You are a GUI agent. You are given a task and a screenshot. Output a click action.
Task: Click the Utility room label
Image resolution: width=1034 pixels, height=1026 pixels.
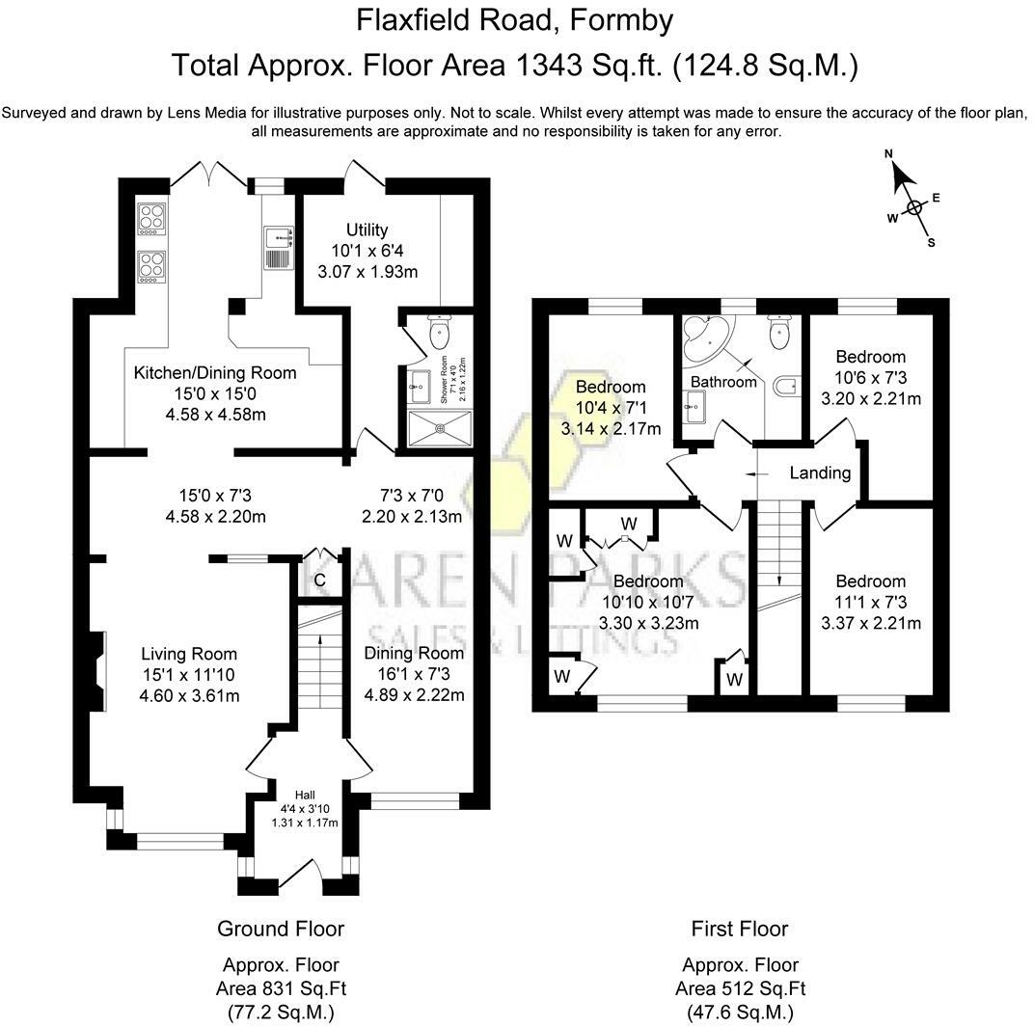[367, 229]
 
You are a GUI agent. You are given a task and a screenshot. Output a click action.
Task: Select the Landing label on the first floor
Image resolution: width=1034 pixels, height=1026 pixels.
[820, 472]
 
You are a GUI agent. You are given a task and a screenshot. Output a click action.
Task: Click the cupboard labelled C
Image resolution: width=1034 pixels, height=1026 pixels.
[319, 580]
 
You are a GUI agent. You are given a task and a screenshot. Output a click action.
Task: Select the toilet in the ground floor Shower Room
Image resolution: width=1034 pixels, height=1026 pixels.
[440, 334]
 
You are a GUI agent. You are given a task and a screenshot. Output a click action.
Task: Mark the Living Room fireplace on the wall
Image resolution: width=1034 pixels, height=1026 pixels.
[96, 672]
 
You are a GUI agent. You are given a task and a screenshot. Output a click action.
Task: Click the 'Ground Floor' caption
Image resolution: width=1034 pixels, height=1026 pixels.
[281, 929]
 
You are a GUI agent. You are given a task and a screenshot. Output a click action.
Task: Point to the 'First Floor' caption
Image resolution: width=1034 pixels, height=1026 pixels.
[740, 929]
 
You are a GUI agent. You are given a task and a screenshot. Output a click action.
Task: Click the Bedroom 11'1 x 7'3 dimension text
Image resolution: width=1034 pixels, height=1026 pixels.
[870, 602]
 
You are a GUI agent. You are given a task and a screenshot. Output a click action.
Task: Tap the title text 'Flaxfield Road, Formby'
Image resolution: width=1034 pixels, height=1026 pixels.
[515, 19]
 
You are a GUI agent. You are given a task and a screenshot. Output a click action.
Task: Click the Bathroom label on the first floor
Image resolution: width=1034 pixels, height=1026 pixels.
[723, 382]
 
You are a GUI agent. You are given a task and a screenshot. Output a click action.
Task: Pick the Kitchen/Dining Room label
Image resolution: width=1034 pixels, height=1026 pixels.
[215, 372]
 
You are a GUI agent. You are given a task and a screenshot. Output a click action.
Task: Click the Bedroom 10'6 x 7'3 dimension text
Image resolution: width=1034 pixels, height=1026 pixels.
[870, 377]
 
